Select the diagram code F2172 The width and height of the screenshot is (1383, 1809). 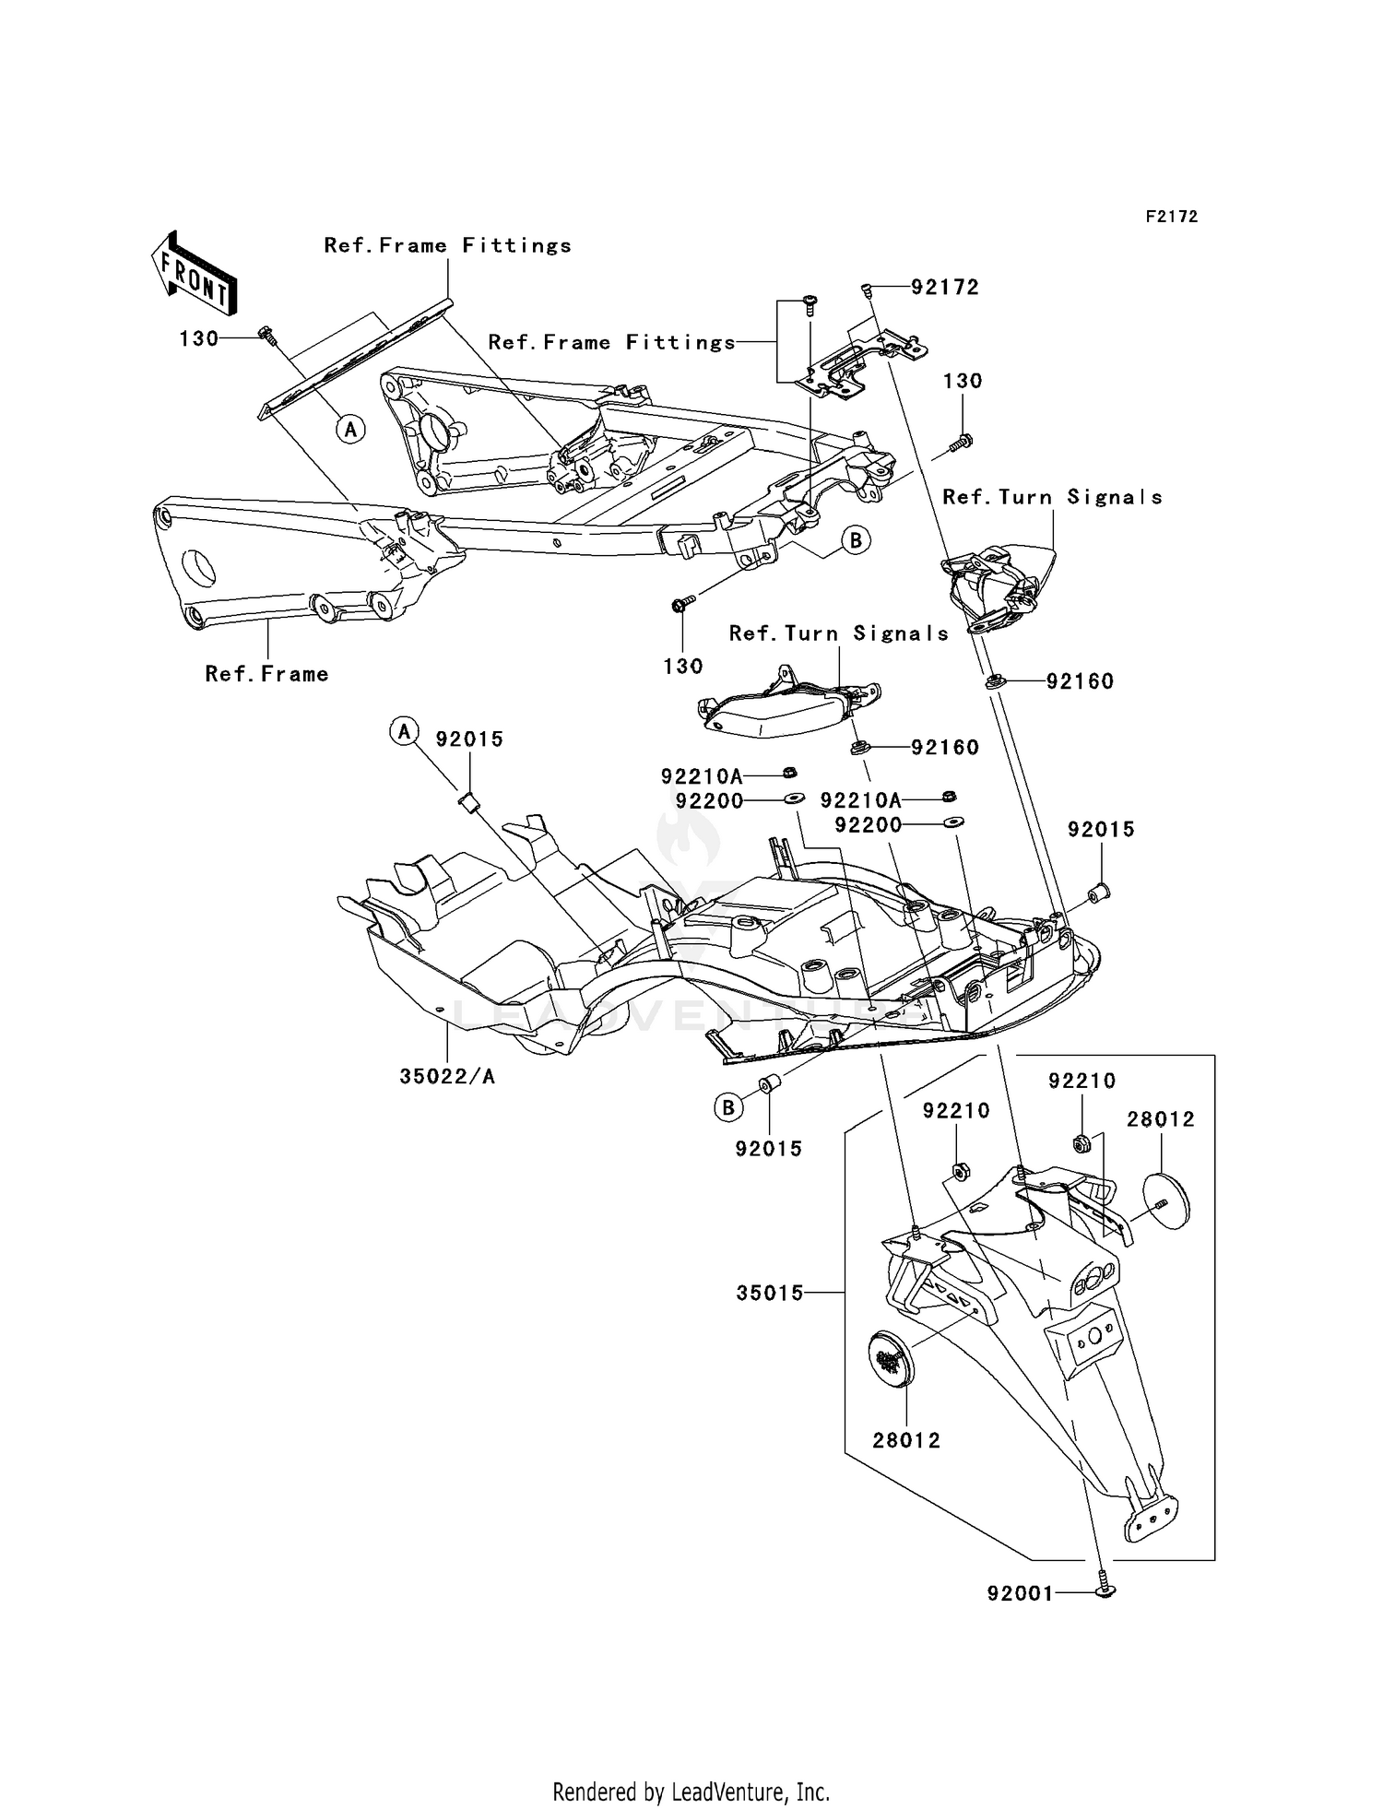tap(1171, 217)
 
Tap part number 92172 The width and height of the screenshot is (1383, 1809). tap(944, 288)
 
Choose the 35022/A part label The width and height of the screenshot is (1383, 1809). tap(447, 1076)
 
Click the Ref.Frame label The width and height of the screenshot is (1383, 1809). tap(266, 674)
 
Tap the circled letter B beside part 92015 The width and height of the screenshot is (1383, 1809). tap(728, 1107)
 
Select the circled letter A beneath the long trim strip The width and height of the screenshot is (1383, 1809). tap(350, 429)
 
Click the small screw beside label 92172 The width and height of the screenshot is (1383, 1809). tap(867, 290)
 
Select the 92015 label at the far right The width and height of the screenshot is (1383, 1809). tap(1101, 830)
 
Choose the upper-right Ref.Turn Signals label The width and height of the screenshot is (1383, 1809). tap(1051, 498)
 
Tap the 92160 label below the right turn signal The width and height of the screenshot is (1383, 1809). tap(1079, 681)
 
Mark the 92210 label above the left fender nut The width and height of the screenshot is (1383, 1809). tap(956, 1111)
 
